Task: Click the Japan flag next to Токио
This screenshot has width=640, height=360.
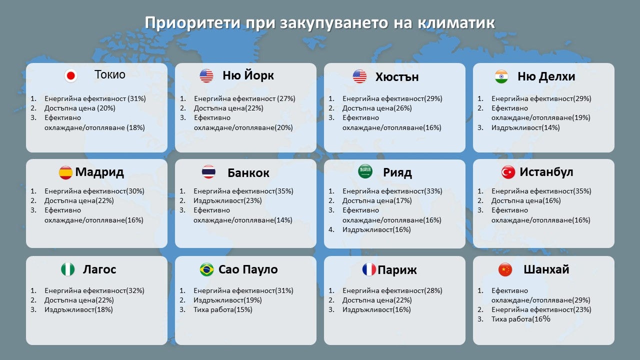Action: [x=70, y=75]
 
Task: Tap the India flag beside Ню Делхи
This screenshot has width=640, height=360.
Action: [x=501, y=76]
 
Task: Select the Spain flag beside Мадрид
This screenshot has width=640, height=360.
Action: [x=65, y=172]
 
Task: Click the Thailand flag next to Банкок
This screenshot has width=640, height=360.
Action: [x=208, y=172]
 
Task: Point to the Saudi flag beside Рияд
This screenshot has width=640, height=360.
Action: [x=365, y=171]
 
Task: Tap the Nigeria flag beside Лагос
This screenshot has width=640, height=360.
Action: [x=68, y=269]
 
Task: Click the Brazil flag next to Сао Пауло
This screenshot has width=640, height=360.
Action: [x=207, y=269]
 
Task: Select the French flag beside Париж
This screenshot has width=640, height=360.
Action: [x=369, y=269]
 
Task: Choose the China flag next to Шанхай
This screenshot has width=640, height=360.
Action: [x=505, y=269]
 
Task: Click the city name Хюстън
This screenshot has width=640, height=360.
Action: [x=397, y=77]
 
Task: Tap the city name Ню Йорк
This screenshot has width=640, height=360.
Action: [x=248, y=75]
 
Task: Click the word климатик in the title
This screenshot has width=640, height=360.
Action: [x=456, y=22]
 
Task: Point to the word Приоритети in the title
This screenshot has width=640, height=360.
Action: [x=192, y=23]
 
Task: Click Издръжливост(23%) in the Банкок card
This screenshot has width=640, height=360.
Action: [x=227, y=200]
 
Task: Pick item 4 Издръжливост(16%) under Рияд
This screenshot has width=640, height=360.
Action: [x=376, y=229]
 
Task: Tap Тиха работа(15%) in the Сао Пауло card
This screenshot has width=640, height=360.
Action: [x=223, y=309]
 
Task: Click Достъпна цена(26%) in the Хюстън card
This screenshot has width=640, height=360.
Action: [x=377, y=108]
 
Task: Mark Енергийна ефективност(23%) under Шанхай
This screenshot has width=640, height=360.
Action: [x=541, y=309]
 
